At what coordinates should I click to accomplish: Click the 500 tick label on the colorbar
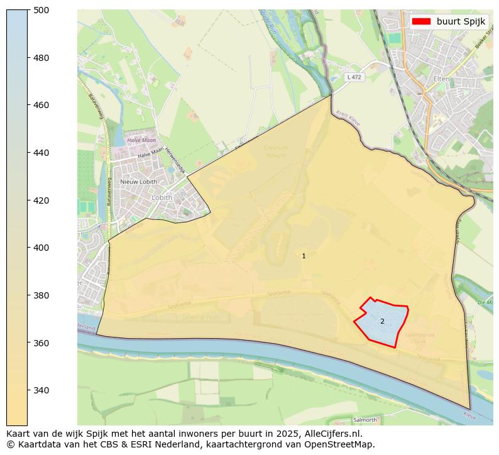(41, 10)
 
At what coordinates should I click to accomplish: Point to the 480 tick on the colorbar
(41, 58)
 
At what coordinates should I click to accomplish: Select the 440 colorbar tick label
(41, 153)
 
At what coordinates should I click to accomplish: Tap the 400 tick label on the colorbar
(41, 248)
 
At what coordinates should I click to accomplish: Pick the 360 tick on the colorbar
(41, 343)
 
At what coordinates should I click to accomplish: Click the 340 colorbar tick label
(41, 390)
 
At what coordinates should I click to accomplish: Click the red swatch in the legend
(421, 21)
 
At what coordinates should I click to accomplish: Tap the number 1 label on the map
(304, 256)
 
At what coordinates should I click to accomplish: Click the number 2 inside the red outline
(382, 321)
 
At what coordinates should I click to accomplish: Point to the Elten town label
(441, 78)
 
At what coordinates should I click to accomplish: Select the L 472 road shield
(354, 77)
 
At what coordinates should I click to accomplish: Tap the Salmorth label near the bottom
(365, 420)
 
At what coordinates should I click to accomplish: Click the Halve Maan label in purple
(141, 141)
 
